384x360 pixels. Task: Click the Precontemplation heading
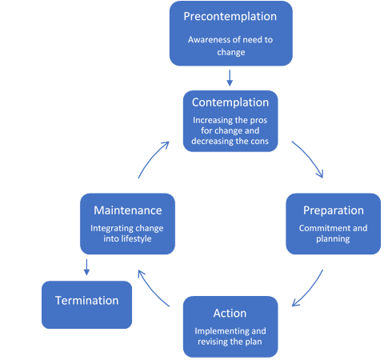tap(230, 17)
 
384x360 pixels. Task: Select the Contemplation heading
tap(230, 102)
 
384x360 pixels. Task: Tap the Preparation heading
tap(334, 210)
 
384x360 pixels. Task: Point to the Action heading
tap(230, 313)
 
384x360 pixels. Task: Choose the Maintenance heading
tap(128, 210)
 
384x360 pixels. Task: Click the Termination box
tap(87, 305)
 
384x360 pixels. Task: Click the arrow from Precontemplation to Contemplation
tap(230, 78)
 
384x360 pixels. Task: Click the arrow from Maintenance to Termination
tap(86, 267)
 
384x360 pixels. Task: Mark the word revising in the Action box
tap(210, 342)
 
